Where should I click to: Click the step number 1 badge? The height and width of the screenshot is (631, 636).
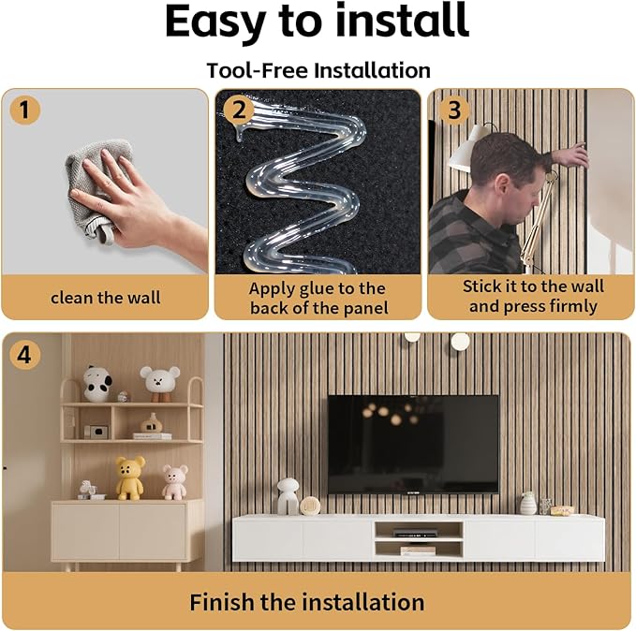24,110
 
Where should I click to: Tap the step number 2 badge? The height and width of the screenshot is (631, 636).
239,110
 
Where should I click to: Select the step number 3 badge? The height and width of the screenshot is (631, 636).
454,110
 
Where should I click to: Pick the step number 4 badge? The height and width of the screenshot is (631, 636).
24,355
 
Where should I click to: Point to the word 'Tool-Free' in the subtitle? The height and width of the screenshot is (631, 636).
258,70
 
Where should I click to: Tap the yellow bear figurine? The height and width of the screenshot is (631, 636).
130,477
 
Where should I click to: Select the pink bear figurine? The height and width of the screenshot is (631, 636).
175,482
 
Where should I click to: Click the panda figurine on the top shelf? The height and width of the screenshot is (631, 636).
96,384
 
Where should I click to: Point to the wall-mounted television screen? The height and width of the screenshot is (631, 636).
413,444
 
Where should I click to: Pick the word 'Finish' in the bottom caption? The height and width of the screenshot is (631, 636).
221,602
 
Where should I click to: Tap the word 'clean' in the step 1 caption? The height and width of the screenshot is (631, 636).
72,298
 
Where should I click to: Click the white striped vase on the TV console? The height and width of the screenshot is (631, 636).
527,504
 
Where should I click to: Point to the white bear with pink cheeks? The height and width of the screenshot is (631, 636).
160,384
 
